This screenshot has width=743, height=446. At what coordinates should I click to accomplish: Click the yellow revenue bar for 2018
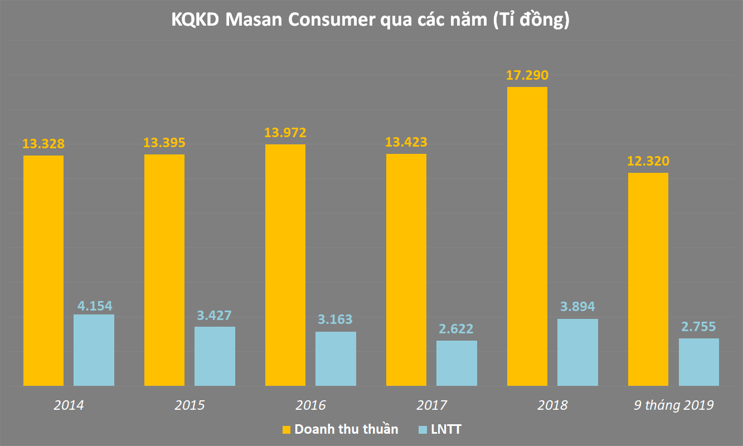click(x=527, y=236)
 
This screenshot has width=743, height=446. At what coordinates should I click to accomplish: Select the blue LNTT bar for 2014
click(x=94, y=350)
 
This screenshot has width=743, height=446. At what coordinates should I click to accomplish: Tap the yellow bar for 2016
click(x=285, y=265)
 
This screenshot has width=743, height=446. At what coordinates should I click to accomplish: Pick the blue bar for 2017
click(x=457, y=363)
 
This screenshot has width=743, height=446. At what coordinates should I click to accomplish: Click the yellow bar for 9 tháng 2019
click(x=648, y=279)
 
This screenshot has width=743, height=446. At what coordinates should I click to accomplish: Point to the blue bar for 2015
click(x=215, y=356)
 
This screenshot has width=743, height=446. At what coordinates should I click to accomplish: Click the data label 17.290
click(x=527, y=75)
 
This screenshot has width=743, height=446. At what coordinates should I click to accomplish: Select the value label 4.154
click(x=94, y=305)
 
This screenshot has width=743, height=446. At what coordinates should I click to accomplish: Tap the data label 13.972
click(x=285, y=133)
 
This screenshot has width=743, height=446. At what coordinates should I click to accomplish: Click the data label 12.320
click(x=648, y=162)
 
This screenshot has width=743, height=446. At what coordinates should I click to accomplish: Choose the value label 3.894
click(x=577, y=306)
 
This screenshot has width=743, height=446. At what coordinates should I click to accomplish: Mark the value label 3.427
click(x=215, y=315)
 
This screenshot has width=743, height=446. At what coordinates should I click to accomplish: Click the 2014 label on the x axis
click(x=69, y=405)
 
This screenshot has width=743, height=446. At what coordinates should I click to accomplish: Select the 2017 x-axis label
click(x=431, y=405)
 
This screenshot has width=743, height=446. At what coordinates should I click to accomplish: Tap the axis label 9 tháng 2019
click(x=673, y=405)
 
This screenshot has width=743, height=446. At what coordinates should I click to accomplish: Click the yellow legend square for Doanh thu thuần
click(x=286, y=430)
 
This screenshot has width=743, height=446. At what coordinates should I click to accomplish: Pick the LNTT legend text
click(x=446, y=429)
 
